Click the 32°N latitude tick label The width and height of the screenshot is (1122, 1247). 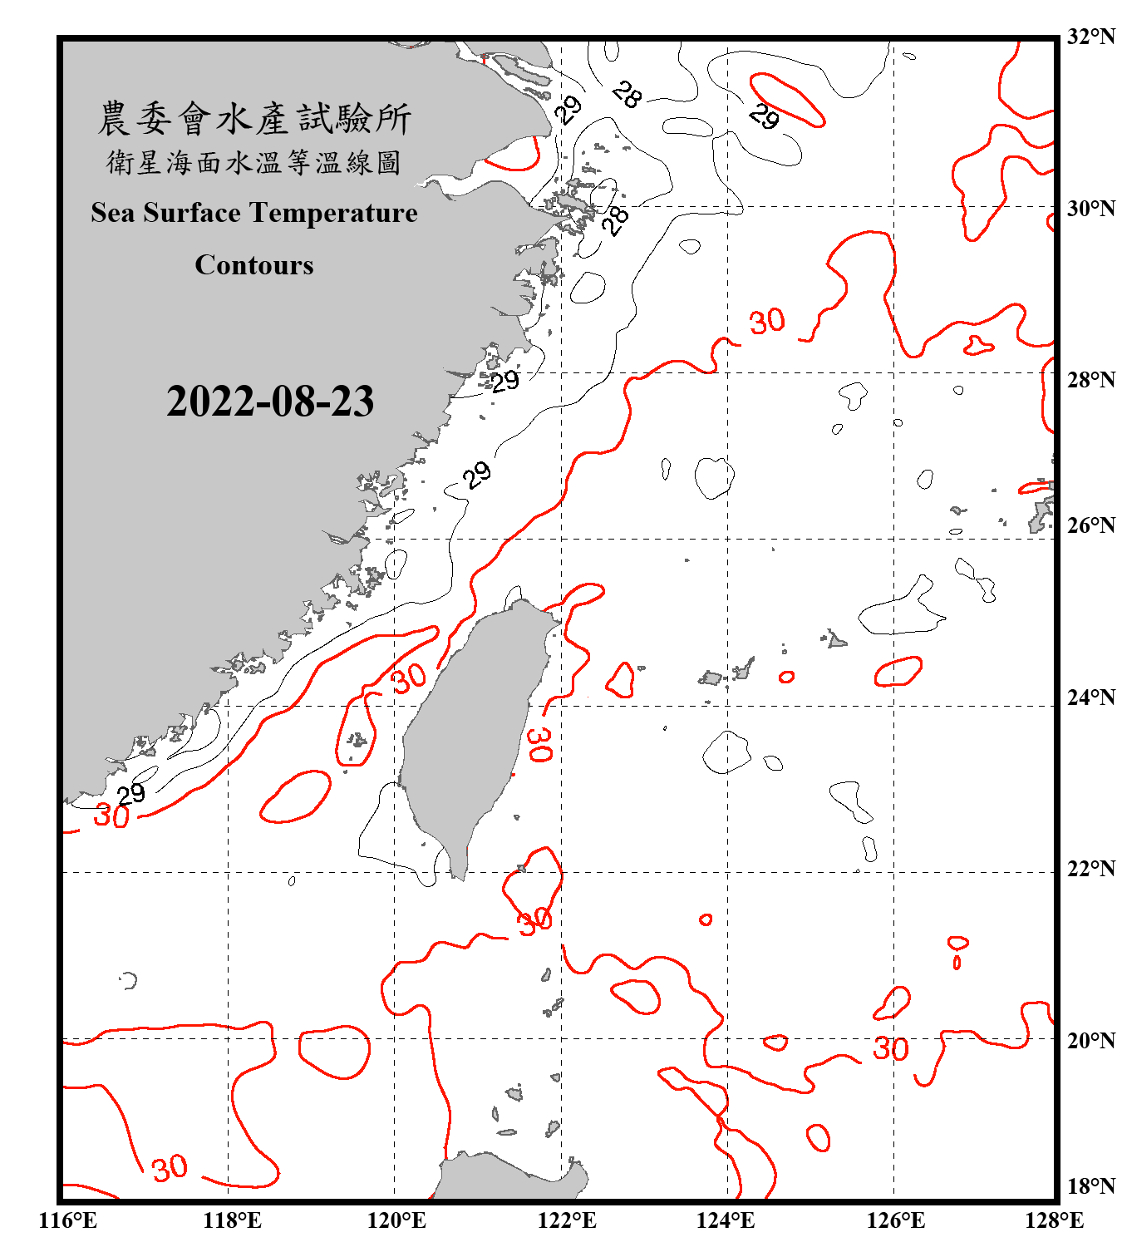tap(1090, 37)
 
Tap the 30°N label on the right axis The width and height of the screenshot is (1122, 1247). tap(1090, 208)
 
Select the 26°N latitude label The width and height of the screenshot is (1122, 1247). tap(1090, 525)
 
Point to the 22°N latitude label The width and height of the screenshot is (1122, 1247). tap(1090, 869)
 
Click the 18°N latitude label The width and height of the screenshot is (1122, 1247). tap(1090, 1185)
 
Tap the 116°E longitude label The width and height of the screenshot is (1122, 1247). tap(67, 1220)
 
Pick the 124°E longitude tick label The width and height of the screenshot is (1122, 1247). tap(726, 1220)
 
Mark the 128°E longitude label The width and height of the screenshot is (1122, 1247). tap(1054, 1220)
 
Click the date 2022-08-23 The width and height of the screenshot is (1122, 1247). tap(270, 401)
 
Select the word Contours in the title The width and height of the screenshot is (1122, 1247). tap(254, 265)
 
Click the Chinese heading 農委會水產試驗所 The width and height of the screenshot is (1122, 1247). tap(254, 118)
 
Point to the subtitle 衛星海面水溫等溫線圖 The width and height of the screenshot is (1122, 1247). tap(254, 162)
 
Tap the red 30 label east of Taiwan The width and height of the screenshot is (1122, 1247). tap(539, 744)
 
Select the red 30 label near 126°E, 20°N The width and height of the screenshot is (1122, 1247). tap(890, 1048)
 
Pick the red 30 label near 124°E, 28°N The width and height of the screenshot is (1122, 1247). tap(766, 321)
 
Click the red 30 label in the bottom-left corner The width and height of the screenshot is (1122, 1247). tap(170, 1168)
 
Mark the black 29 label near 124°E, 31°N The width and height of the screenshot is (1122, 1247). tap(763, 117)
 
